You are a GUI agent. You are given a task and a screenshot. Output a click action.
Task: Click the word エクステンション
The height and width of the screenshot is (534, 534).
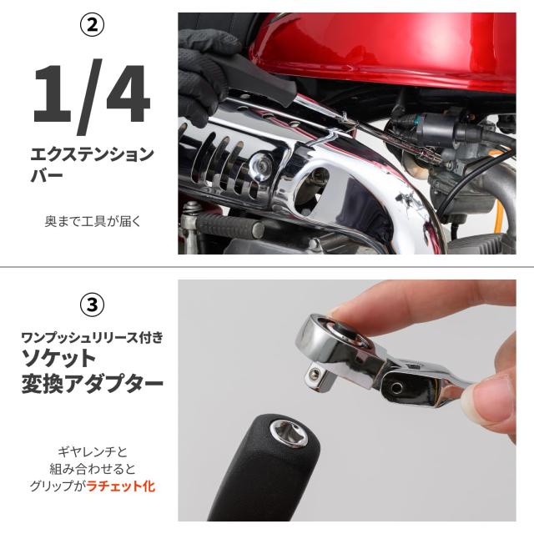tap(92, 154)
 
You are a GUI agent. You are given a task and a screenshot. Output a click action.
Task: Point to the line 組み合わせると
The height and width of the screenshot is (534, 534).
tap(92, 469)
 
